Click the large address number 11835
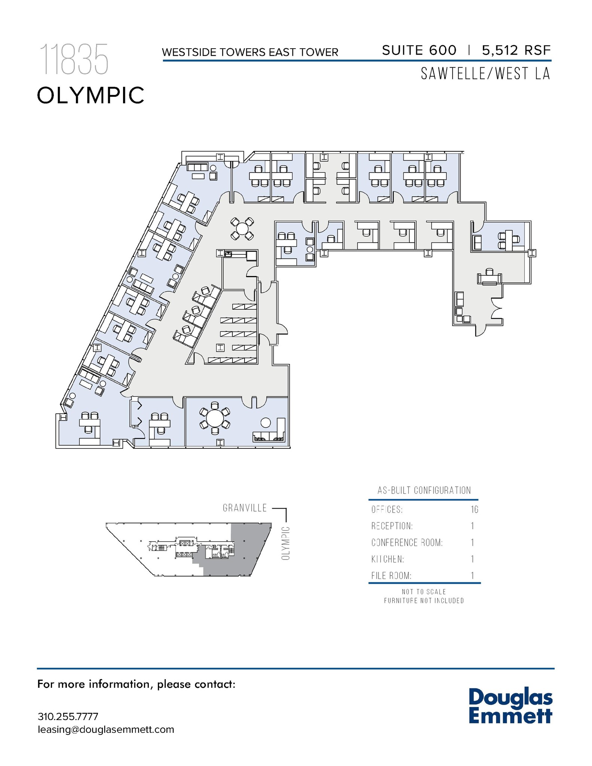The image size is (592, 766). click(74, 59)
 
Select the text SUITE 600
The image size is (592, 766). click(419, 50)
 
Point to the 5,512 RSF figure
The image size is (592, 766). click(516, 50)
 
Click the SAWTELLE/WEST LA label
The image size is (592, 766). click(485, 73)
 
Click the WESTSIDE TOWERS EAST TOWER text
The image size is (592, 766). click(250, 52)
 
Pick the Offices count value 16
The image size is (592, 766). click(474, 509)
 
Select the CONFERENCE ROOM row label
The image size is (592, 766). click(407, 542)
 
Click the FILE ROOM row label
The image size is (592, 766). click(391, 576)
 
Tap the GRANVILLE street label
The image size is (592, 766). click(245, 508)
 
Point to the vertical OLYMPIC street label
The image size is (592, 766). click(286, 543)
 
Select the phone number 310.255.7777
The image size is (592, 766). click(68, 717)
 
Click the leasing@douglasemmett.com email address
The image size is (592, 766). click(106, 729)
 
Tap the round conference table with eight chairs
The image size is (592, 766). click(215, 418)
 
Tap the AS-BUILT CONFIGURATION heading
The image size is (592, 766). click(424, 490)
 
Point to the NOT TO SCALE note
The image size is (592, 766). click(424, 592)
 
